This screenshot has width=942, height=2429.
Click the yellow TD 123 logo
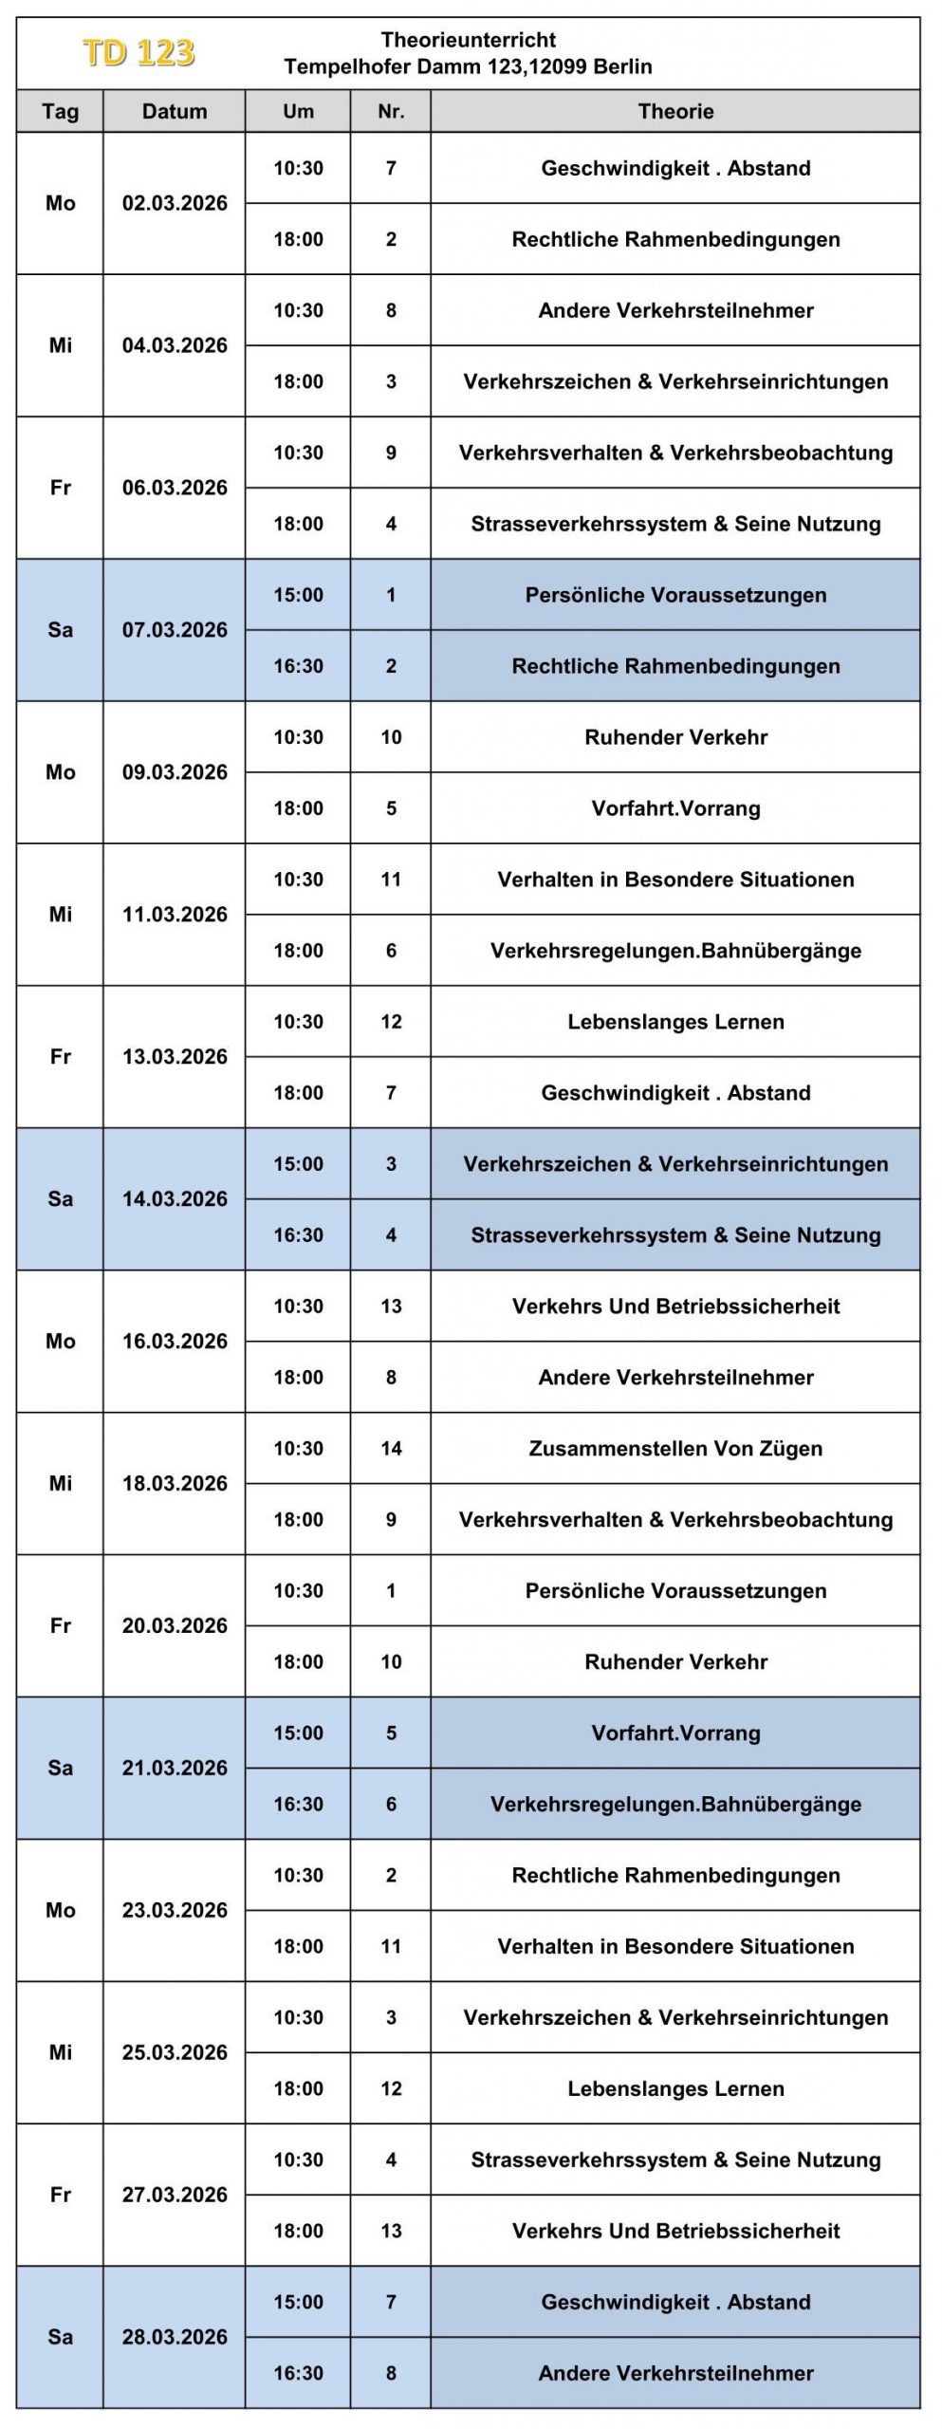point(139,53)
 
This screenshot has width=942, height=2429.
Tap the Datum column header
point(175,112)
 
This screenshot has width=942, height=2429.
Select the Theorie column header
point(675,112)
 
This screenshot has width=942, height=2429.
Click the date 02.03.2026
point(175,203)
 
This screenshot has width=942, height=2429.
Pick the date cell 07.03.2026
point(175,630)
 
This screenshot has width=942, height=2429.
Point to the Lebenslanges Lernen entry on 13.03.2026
point(675,1022)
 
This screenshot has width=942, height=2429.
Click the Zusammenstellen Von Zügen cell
point(675,1449)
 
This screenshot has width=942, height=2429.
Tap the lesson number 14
point(391,1449)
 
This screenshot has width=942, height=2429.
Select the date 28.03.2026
point(175,2337)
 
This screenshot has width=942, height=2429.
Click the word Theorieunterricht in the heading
point(468,40)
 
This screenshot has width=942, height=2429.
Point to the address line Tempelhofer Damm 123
point(468,66)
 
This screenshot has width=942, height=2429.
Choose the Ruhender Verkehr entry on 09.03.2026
point(675,737)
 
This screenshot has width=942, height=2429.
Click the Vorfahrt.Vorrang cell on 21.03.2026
point(675,1734)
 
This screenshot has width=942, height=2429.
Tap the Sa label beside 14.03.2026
point(60,1199)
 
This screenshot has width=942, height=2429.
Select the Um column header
point(298,112)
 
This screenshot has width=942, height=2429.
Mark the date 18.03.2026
point(175,1484)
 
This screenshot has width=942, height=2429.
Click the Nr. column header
point(391,112)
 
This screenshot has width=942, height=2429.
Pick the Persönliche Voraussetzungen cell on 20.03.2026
point(675,1591)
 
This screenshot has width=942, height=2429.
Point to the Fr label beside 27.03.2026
point(60,2195)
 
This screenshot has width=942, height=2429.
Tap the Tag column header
point(60,112)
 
